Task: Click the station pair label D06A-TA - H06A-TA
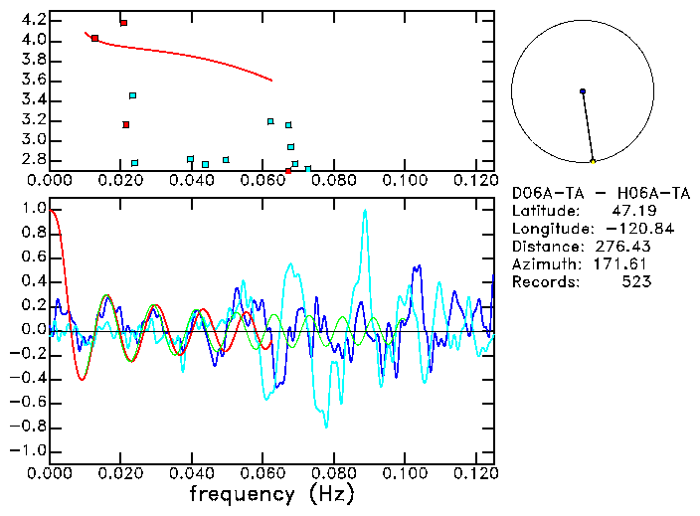click(x=600, y=193)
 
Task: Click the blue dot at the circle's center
click(x=583, y=91)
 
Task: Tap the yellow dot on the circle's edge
click(x=593, y=161)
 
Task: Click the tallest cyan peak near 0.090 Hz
click(x=366, y=211)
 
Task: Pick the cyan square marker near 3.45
click(x=132, y=95)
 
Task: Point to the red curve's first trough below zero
click(x=82, y=379)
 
